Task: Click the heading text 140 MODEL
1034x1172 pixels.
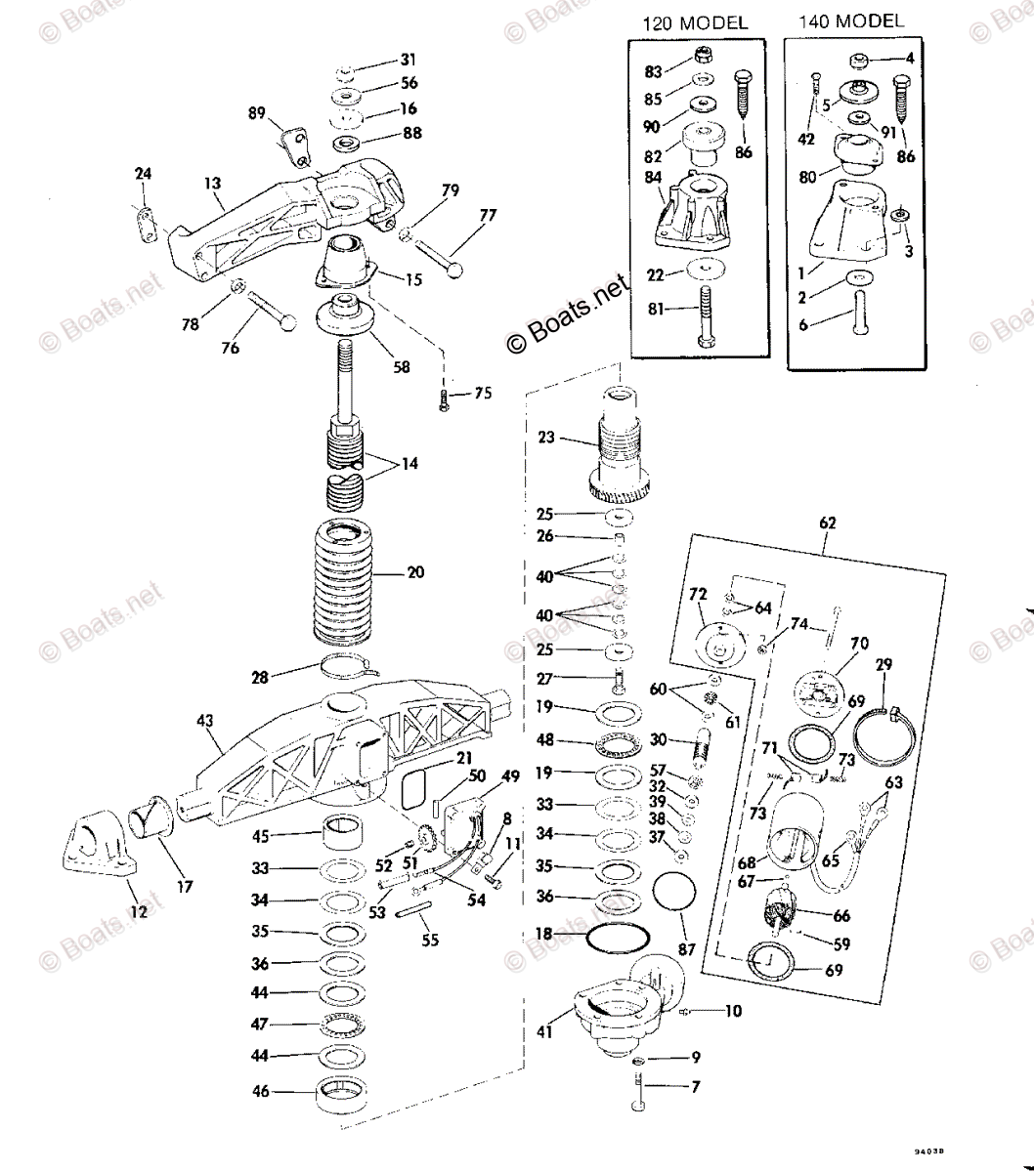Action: (851, 21)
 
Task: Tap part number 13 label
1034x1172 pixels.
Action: (213, 182)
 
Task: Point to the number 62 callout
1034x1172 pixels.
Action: (827, 523)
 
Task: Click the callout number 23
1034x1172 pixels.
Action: (545, 438)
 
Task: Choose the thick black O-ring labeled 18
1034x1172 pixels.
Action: (619, 937)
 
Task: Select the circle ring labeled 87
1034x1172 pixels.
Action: (672, 894)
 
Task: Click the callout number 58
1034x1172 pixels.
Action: (401, 367)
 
